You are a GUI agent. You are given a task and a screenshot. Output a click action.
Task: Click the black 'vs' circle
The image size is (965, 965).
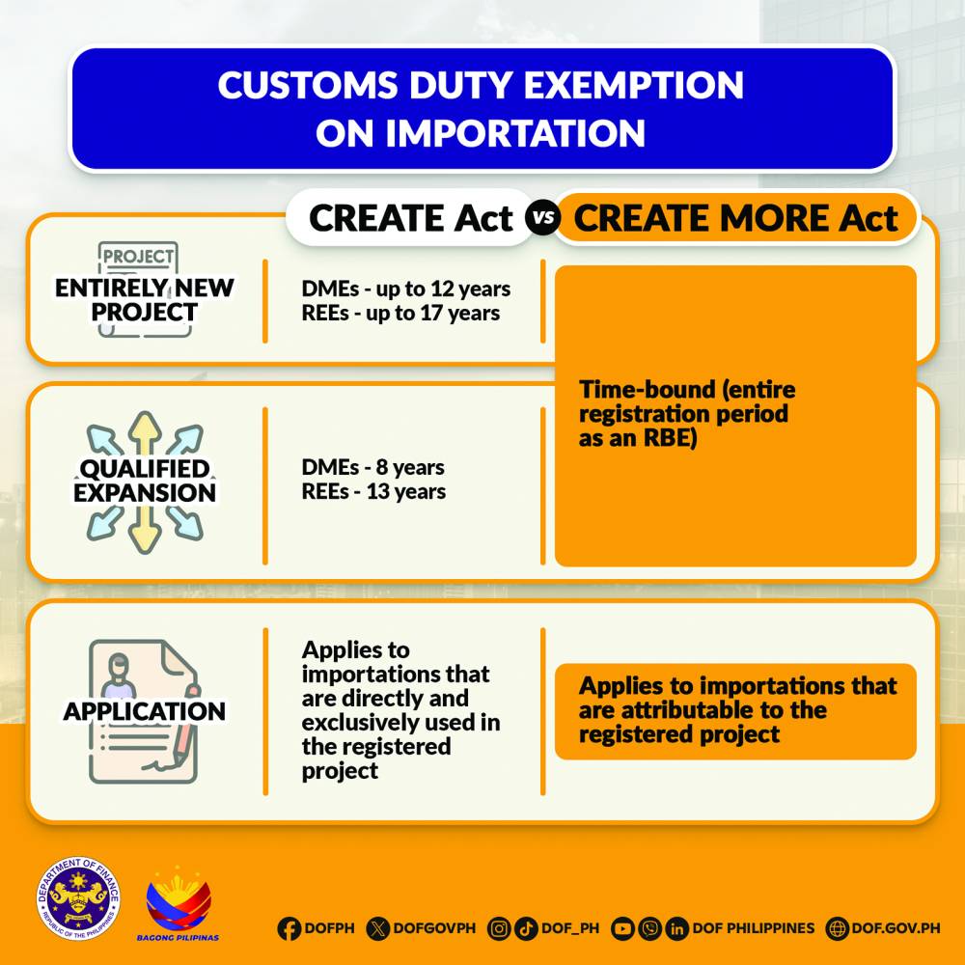542,217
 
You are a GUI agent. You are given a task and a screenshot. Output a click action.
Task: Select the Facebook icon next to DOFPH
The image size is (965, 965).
289,928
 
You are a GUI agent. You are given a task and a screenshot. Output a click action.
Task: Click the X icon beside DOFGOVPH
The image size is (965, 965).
377,928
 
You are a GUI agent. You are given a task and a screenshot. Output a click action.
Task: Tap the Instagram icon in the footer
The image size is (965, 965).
499,928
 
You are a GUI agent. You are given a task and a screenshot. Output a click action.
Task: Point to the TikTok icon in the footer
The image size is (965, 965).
526,928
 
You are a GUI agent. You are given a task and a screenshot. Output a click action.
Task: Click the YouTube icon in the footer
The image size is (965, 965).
622,928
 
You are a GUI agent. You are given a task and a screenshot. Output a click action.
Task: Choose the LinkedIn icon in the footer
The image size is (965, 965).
676,928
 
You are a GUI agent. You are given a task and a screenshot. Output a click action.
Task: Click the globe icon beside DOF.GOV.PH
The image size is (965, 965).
837,928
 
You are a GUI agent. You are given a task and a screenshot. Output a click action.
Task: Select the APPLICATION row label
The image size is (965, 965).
145,711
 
